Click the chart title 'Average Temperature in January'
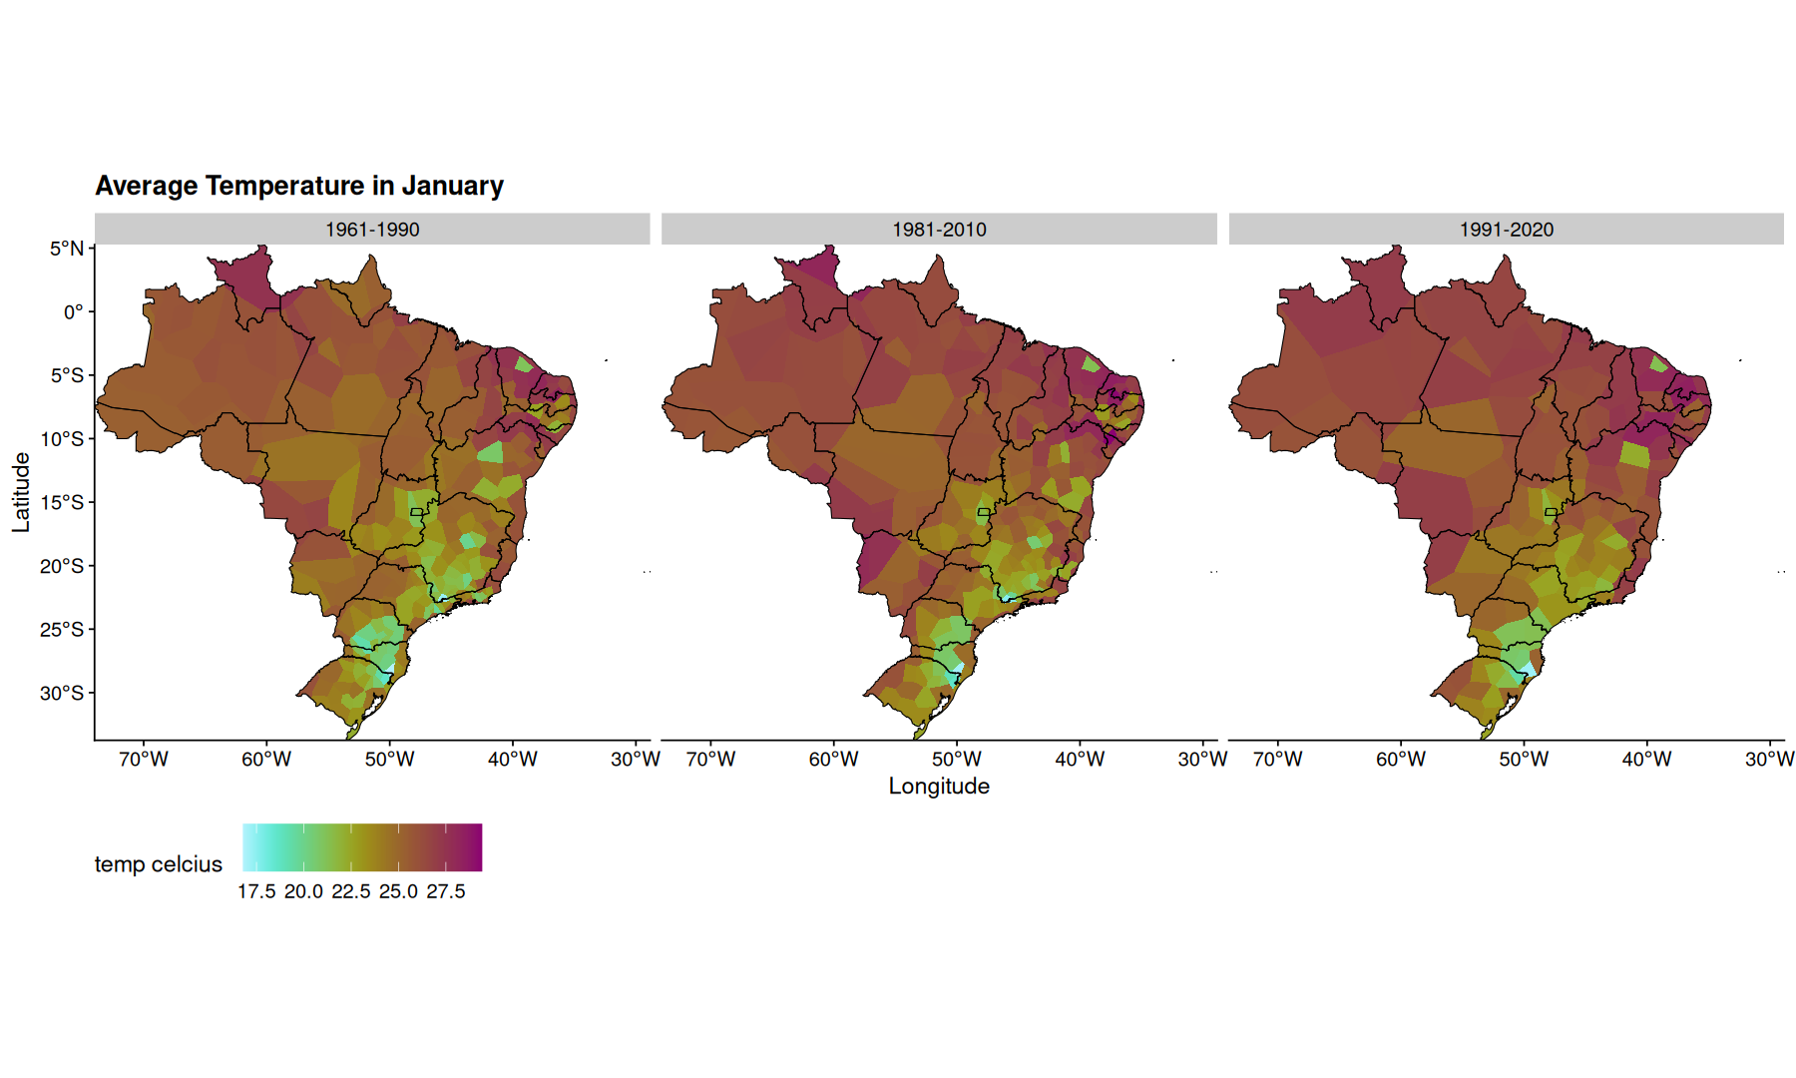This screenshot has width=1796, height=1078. click(299, 187)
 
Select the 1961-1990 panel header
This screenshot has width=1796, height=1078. click(372, 230)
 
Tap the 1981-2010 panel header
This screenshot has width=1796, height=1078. click(939, 230)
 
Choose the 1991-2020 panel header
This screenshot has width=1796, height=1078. click(1507, 230)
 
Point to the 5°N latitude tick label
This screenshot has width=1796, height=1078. click(67, 249)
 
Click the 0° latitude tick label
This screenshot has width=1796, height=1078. click(74, 312)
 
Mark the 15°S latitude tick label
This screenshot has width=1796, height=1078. click(62, 502)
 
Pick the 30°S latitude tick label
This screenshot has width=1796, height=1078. click(62, 693)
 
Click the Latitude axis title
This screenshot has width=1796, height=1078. click(21, 492)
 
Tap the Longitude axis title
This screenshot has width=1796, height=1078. click(939, 787)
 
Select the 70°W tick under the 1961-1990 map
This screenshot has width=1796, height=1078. click(144, 760)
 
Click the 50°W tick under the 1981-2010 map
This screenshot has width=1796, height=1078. click(957, 760)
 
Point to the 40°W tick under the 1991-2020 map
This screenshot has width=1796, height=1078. click(1646, 760)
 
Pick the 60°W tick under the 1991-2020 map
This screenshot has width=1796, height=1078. click(1401, 760)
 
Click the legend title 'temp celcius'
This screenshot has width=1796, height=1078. click(159, 864)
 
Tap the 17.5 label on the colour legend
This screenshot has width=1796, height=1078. click(256, 891)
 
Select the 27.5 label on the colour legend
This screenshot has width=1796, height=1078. click(446, 891)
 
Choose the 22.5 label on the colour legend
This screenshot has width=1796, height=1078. click(351, 891)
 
